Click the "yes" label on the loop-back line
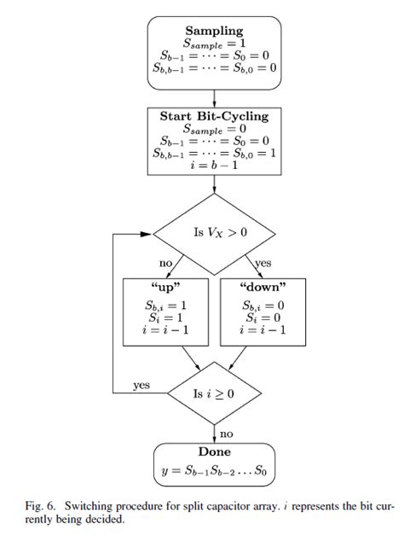[x=141, y=385]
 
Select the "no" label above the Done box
[x=228, y=434]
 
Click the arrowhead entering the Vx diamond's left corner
[x=147, y=231]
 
